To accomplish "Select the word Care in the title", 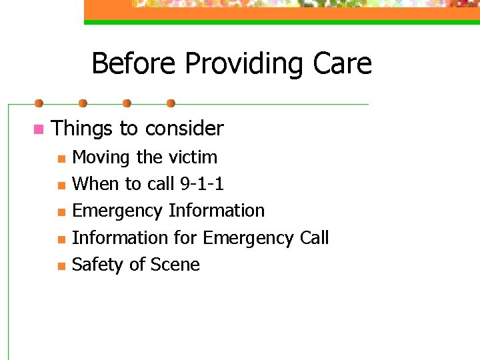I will [x=343, y=64].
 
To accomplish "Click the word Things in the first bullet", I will [x=82, y=128].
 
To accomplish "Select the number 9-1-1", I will [x=201, y=184].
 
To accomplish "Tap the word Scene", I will [x=175, y=265].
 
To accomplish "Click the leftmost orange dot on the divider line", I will [x=39, y=103].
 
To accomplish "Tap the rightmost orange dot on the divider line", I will [x=171, y=103].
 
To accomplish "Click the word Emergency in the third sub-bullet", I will [x=117, y=211].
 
